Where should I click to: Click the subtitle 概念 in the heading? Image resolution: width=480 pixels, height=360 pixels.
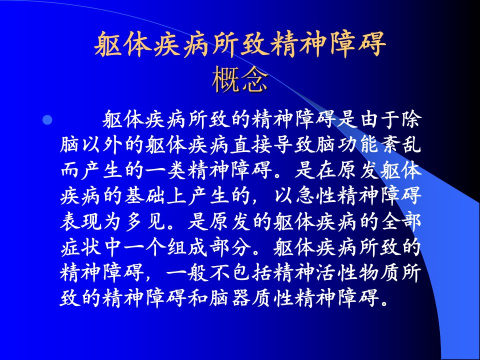pyautogui.click(x=239, y=79)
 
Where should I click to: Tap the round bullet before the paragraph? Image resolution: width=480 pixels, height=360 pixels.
pyautogui.click(x=47, y=120)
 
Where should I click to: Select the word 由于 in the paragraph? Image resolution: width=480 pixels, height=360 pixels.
pyautogui.click(x=380, y=119)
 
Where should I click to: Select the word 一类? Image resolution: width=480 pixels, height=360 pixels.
pyautogui.click(x=165, y=170)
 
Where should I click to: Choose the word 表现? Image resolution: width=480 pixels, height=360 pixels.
pyautogui.click(x=80, y=221)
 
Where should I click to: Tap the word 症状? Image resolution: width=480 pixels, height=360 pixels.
pyautogui.click(x=80, y=247)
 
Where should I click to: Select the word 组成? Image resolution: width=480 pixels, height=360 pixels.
pyautogui.click(x=187, y=247)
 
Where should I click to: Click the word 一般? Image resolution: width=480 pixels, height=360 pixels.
pyautogui.click(x=187, y=272)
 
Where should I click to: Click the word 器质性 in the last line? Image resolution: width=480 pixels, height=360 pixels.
pyautogui.click(x=262, y=298)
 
